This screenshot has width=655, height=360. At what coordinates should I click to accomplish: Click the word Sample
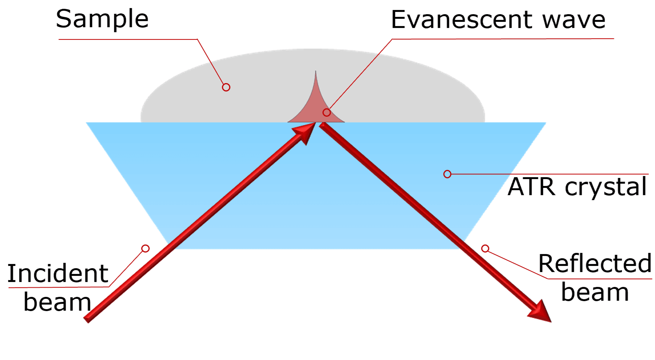[x=102, y=19]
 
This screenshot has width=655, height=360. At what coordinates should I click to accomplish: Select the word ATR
[x=531, y=187]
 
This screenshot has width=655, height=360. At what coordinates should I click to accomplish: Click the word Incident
[x=58, y=274]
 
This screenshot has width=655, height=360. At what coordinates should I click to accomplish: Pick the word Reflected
[x=595, y=264]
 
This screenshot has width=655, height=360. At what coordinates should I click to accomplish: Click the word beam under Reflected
[x=595, y=293]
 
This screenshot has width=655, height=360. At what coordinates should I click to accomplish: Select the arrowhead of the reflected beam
[x=540, y=311]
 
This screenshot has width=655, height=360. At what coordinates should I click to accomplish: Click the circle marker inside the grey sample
[x=226, y=87]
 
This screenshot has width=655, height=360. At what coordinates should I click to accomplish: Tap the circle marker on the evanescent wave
[x=327, y=112]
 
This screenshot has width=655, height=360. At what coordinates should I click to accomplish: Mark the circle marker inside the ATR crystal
[x=447, y=174]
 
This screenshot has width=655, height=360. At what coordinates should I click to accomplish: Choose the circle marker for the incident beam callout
[x=145, y=249]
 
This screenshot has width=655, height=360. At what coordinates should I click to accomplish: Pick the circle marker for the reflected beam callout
[x=485, y=249]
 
